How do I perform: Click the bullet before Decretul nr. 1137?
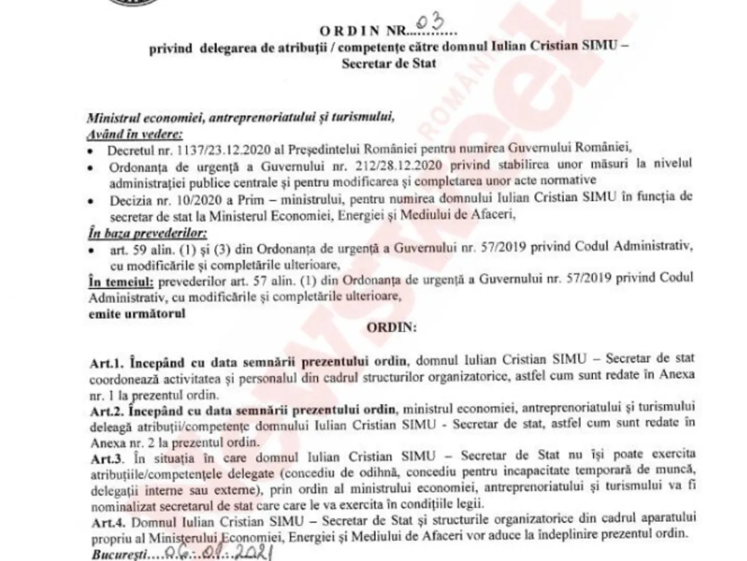coord(92,151)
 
